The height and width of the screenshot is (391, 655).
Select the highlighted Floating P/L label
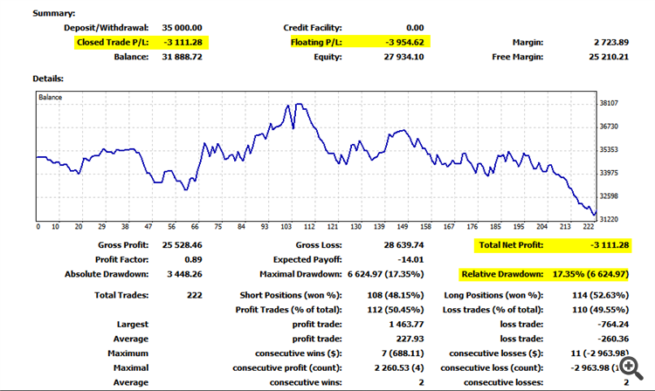pyautogui.click(x=316, y=41)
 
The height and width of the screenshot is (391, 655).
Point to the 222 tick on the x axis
pyautogui.click(x=590, y=226)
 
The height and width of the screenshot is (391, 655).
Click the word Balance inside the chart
pyautogui.click(x=51, y=97)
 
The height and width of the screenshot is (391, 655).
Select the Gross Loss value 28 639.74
pyautogui.click(x=400, y=245)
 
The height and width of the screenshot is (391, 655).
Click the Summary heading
pyautogui.click(x=54, y=13)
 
